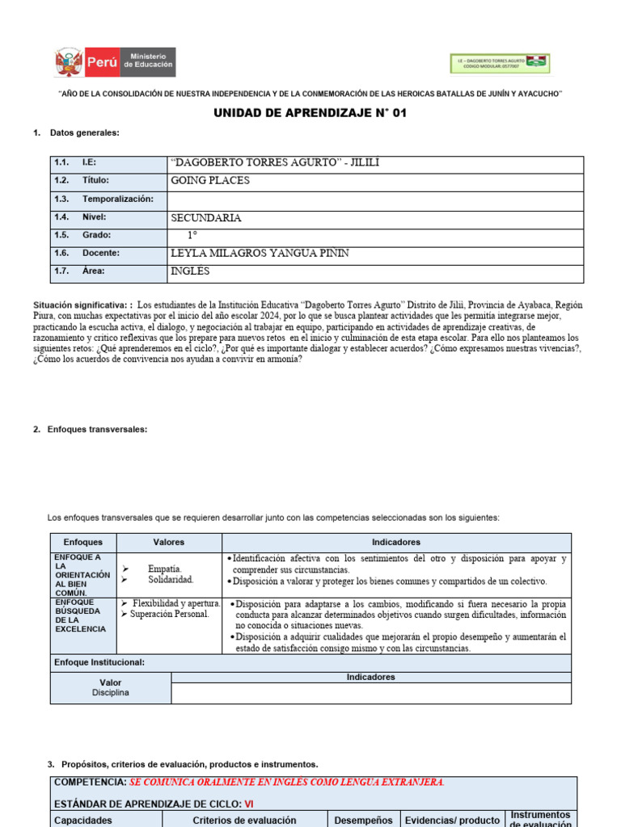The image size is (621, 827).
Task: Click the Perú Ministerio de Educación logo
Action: pyautogui.click(x=115, y=62)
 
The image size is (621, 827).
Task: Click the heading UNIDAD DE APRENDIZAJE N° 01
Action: pyautogui.click(x=310, y=113)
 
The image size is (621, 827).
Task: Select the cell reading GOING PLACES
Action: pyautogui.click(x=210, y=181)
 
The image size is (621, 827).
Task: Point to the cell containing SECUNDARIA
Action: pyautogui.click(x=206, y=218)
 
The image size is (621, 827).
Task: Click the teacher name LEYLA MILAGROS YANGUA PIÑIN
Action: pyautogui.click(x=260, y=254)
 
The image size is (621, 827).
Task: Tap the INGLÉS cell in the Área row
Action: pyautogui.click(x=190, y=271)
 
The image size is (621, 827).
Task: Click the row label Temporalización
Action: pyautogui.click(x=117, y=199)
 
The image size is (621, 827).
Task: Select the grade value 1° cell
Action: pyautogui.click(x=192, y=235)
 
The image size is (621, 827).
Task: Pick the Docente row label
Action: pyautogui.click(x=100, y=254)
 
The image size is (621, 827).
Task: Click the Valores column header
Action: pyautogui.click(x=168, y=543)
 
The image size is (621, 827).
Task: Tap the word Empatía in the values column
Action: pyautogui.click(x=164, y=569)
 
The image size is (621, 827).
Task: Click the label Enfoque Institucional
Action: pyautogui.click(x=99, y=662)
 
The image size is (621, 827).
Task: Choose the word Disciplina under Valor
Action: pyautogui.click(x=111, y=693)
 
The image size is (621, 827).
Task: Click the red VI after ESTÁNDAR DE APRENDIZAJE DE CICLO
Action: pyautogui.click(x=249, y=804)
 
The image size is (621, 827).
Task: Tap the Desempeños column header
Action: pyautogui.click(x=364, y=820)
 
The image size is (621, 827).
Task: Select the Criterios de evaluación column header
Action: pyautogui.click(x=244, y=820)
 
